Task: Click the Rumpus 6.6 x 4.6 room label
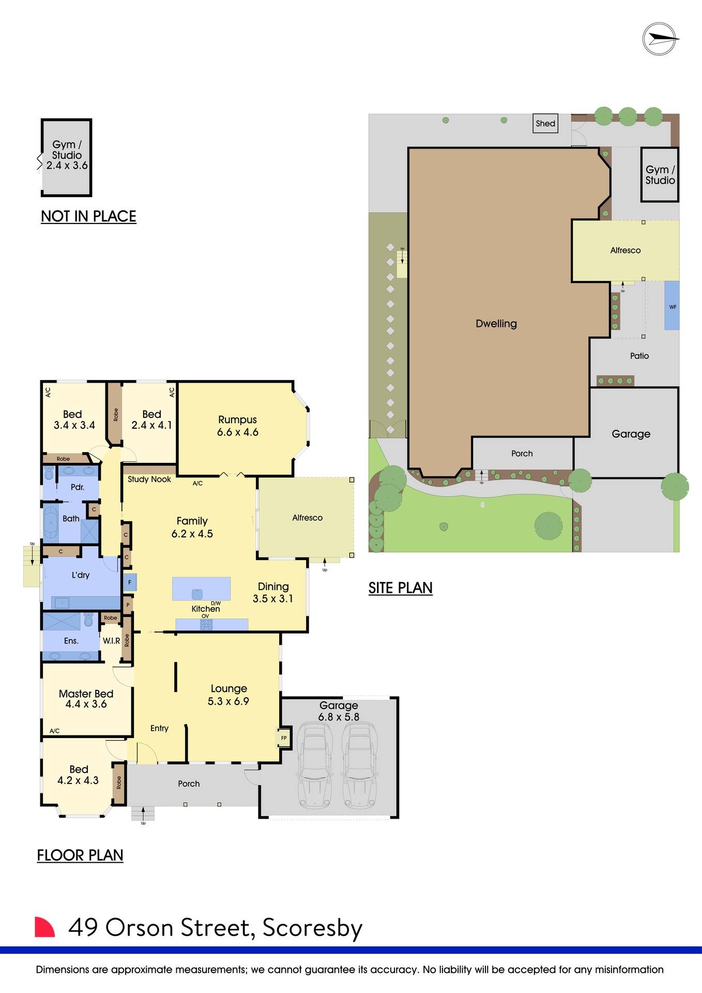[x=237, y=426]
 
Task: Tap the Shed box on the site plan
[x=545, y=124]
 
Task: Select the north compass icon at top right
[x=660, y=39]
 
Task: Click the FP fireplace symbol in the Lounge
[x=284, y=738]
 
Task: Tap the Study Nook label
[x=149, y=479]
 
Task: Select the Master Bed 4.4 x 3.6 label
[x=86, y=699]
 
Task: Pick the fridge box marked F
[x=130, y=582]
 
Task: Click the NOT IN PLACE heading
[x=88, y=216]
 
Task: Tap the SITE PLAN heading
[x=400, y=588]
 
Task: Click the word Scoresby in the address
[x=312, y=928]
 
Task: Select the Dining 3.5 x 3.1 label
[x=273, y=592]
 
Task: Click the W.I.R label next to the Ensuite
[x=111, y=641]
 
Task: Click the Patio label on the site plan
[x=639, y=356]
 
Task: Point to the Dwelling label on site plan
[x=496, y=324]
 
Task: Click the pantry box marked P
[x=128, y=605]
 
